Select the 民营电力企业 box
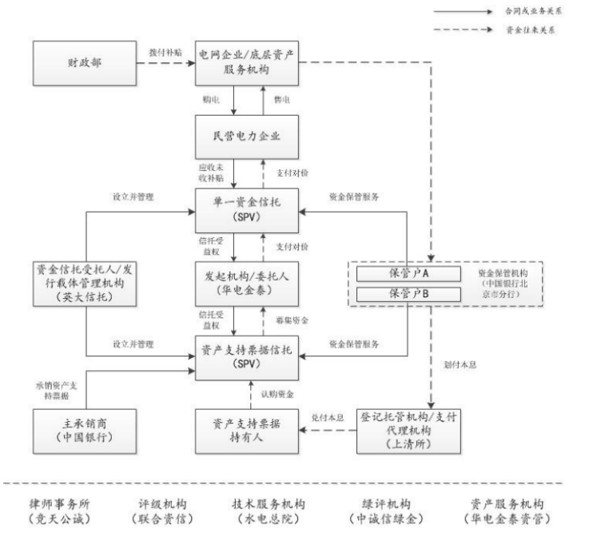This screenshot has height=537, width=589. (249, 137)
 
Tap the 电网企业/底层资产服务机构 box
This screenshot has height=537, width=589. (249, 64)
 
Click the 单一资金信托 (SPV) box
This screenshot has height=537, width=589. (249, 211)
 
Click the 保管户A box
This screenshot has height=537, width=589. (409, 273)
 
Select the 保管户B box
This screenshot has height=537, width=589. (409, 294)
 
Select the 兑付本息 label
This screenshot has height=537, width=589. (327, 417)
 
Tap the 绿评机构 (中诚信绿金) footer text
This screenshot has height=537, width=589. (392, 511)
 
